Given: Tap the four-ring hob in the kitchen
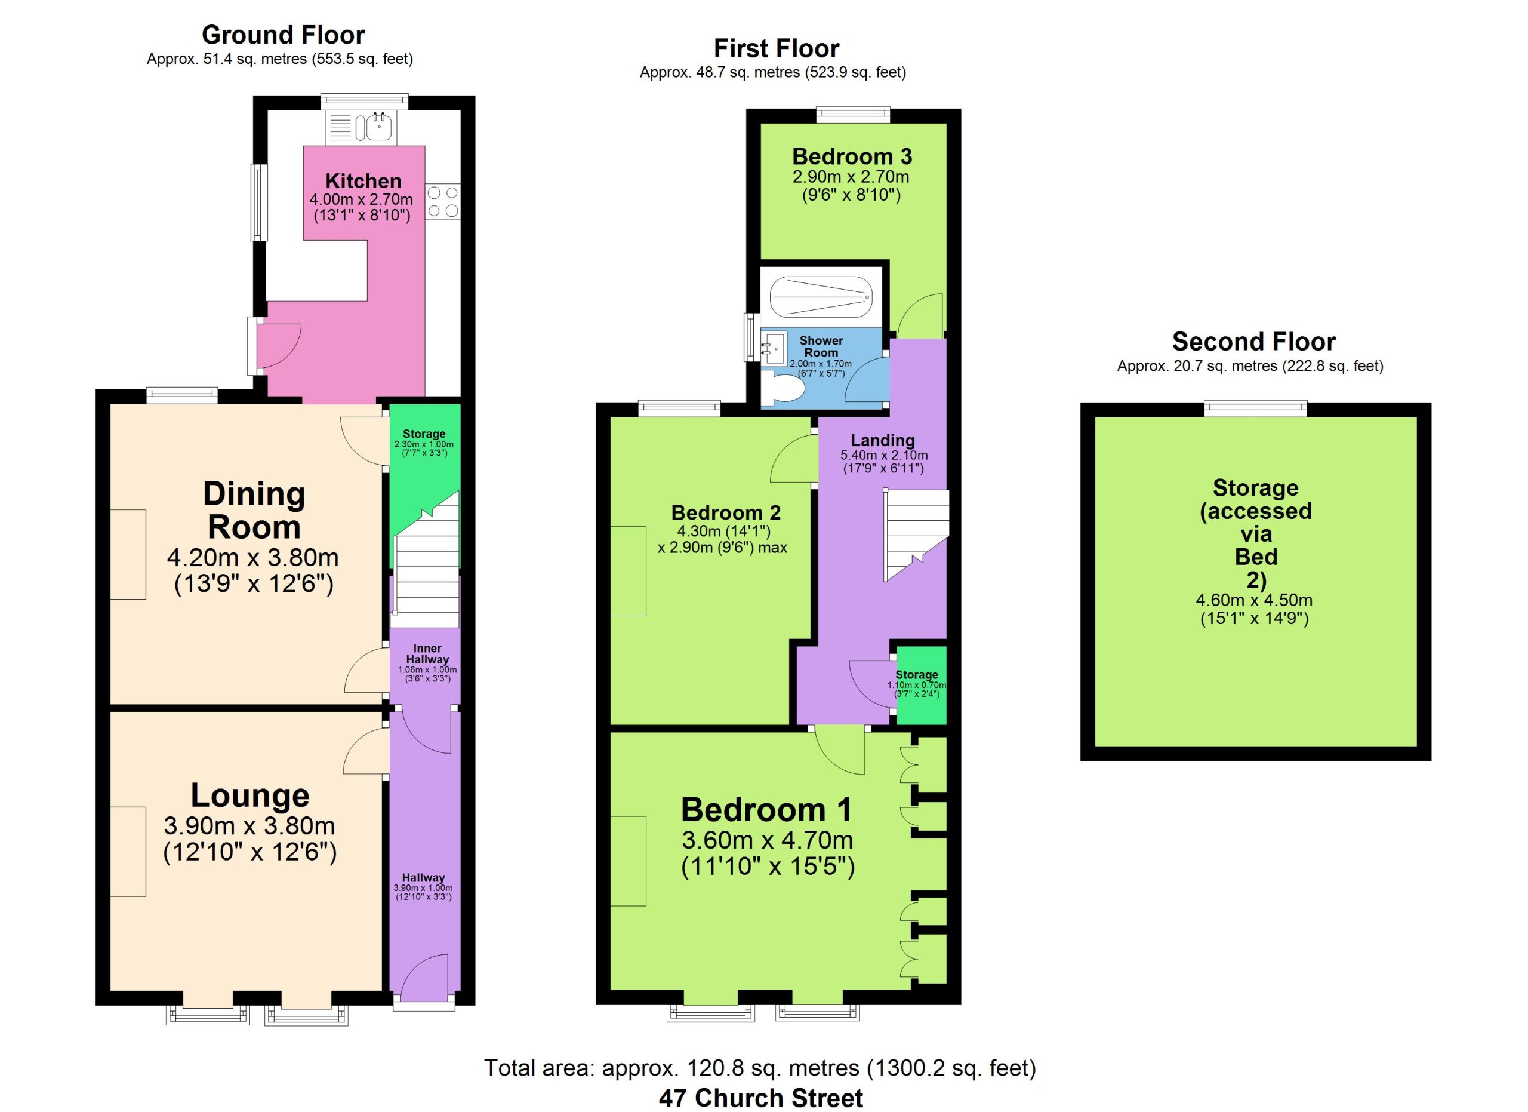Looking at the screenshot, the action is pos(443,201).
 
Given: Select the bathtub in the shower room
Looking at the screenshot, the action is pos(821,297).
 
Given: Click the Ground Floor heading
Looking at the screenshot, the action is pos(283,35).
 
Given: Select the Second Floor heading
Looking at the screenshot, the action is pos(1254,342).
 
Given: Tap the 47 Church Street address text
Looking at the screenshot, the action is pos(760,1098).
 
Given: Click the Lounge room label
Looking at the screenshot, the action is pos(250,795).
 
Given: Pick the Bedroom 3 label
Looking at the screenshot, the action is pos(852,156).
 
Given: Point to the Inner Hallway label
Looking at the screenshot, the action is pos(427,654).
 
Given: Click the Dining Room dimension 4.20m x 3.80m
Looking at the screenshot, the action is pos(252,558).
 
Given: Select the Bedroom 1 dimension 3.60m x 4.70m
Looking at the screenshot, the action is pos(768,840).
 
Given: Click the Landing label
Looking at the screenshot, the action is pos(883,440).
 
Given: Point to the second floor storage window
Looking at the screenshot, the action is pos(1255,408).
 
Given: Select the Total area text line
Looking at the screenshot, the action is pos(760,1068).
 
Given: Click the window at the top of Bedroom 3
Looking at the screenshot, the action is pos(853,115).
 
